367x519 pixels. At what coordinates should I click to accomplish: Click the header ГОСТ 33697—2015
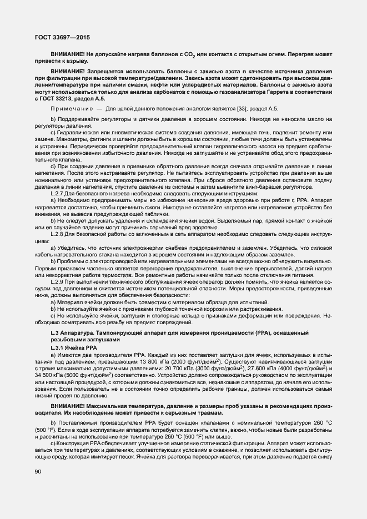tap(62, 38)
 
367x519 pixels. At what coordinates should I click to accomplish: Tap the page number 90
tap(38, 472)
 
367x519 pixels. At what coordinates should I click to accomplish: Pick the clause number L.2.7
tap(57, 194)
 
